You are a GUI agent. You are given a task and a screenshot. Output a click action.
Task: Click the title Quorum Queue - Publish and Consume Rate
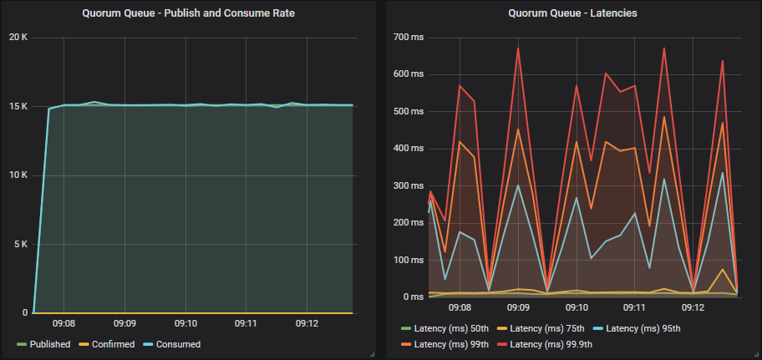point(188,13)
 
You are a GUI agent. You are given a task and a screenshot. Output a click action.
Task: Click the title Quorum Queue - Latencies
point(572,13)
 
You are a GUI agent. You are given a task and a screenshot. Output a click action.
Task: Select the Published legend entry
point(43,344)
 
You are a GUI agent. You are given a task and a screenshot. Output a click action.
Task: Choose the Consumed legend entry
point(173,344)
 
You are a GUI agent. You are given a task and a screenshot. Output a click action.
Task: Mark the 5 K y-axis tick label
point(19,245)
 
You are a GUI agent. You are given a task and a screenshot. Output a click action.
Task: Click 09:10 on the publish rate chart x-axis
point(185,323)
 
